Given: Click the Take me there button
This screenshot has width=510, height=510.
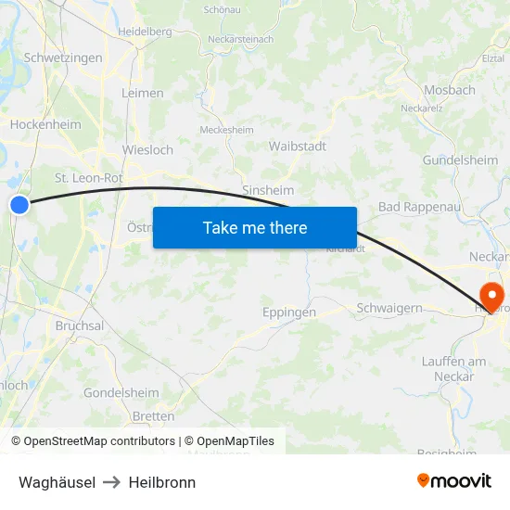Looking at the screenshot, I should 255,227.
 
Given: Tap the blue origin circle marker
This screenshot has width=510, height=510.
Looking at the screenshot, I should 19,204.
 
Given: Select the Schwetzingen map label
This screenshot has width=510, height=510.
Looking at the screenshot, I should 63,57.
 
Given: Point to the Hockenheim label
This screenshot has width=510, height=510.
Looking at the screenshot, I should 45,124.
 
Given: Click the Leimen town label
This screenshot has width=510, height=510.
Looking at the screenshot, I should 143,93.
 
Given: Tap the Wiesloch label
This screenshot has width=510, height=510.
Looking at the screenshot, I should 147,149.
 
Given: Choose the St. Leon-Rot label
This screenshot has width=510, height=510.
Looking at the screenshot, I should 89,177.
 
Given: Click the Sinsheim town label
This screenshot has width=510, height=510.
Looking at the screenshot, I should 268,189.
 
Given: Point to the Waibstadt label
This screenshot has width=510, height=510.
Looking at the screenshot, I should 297,147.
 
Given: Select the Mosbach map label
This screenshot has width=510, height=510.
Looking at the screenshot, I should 449,90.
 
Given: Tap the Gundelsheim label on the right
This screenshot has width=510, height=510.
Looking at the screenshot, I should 460,159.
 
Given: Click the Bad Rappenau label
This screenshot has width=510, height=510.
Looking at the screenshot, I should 419,207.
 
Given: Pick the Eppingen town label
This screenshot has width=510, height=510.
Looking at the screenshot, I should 289,312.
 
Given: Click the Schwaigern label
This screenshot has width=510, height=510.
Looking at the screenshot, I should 390,307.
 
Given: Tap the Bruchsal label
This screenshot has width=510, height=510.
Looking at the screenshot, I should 80,325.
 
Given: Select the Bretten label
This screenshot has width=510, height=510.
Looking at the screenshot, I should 153,416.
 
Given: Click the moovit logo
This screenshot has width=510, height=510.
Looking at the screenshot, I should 454,480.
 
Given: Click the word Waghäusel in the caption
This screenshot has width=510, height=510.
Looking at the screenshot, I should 57,482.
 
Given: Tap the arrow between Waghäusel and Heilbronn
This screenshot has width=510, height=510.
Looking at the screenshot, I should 112,482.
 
